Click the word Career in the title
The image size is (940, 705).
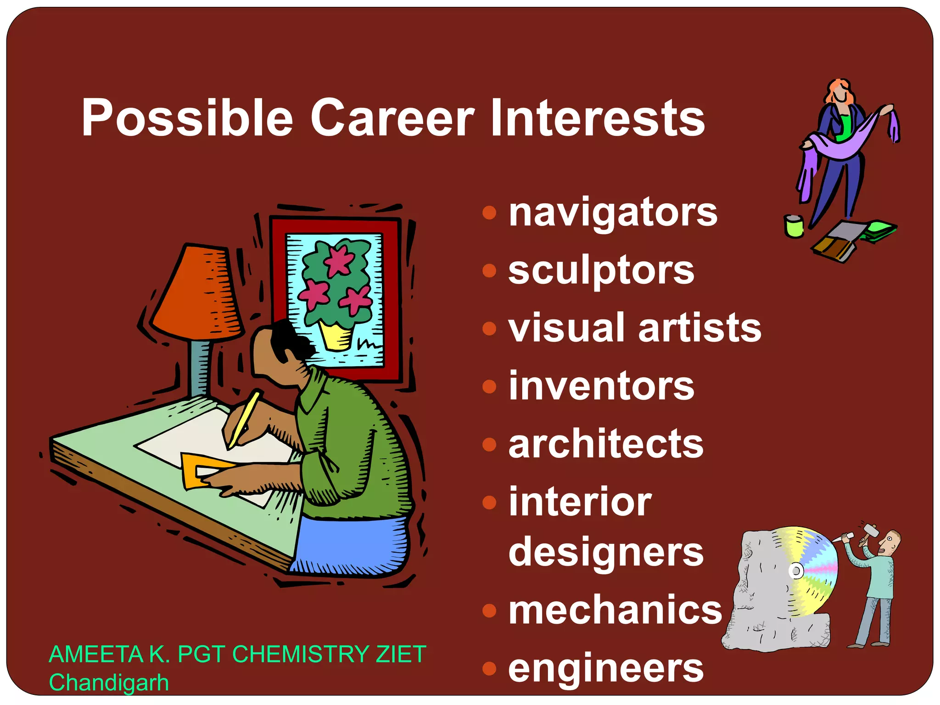pyautogui.click(x=392, y=118)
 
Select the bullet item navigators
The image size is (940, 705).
pyautogui.click(x=613, y=213)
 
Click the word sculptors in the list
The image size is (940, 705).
pyautogui.click(x=601, y=271)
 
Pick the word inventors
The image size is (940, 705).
pyautogui.click(x=601, y=386)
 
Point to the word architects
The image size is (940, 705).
pyautogui.click(x=606, y=444)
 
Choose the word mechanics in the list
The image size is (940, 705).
pyautogui.click(x=615, y=610)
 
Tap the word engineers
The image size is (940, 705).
pyautogui.click(x=606, y=669)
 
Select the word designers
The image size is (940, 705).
pyautogui.click(x=606, y=552)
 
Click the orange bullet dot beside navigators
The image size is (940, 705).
pyautogui.click(x=490, y=213)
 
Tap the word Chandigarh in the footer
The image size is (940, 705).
pyautogui.click(x=109, y=683)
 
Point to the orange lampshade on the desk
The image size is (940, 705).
pyautogui.click(x=197, y=294)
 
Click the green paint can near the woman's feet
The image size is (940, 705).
pyautogui.click(x=794, y=227)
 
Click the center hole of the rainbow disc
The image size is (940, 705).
pyautogui.click(x=796, y=571)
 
